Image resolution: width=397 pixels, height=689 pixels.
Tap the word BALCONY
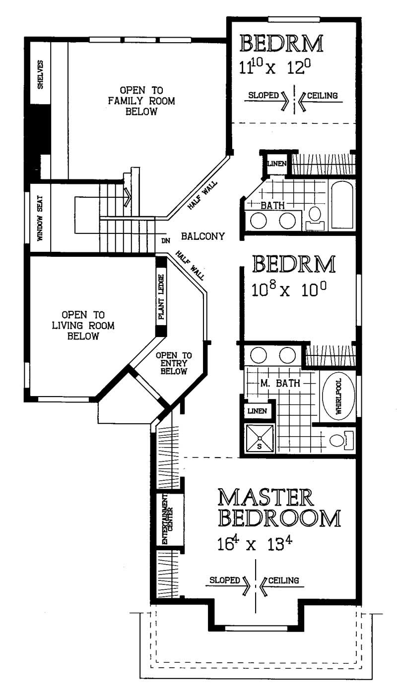coord(203,236)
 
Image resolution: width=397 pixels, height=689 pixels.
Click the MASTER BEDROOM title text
coord(279,508)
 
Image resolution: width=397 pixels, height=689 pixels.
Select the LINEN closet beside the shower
coord(257,411)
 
